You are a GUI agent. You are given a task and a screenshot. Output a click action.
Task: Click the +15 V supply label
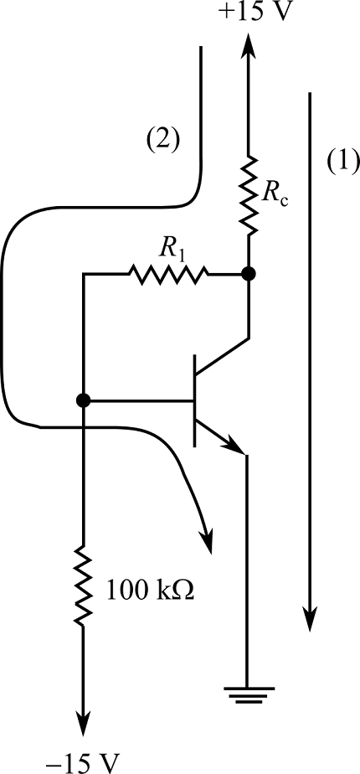(248, 14)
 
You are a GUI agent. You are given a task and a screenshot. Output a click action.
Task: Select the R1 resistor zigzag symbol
(167, 273)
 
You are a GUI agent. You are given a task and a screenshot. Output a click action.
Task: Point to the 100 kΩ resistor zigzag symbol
(83, 584)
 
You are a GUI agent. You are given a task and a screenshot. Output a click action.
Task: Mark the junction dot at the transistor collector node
(248, 273)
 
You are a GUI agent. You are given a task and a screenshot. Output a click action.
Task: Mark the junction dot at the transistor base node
(83, 401)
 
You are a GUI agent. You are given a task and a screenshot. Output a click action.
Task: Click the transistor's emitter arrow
(235, 445)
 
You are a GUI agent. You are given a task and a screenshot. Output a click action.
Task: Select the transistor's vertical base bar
(195, 400)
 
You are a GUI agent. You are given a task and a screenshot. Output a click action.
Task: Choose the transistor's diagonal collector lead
(222, 355)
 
